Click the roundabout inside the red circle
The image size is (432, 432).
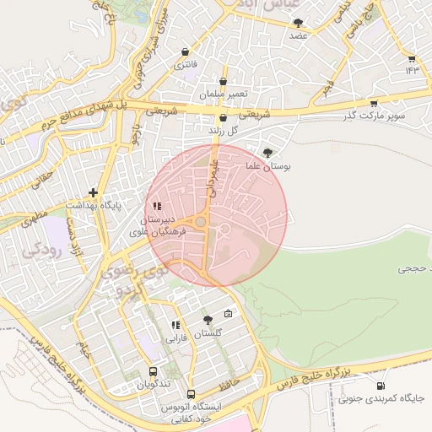[202, 222]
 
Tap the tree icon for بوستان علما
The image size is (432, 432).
[267, 153]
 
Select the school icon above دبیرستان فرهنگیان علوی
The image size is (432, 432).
[157, 206]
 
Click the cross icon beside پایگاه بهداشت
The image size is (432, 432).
[94, 193]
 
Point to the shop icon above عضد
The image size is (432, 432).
[298, 23]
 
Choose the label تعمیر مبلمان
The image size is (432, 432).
[223, 94]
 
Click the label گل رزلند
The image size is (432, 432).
[223, 132]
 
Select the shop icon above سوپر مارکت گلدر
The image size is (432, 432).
[374, 103]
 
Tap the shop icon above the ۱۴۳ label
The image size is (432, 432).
[411, 58]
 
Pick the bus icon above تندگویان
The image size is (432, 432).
[153, 371]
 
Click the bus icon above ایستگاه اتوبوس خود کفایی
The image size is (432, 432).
[191, 394]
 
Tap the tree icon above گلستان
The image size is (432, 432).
[208, 320]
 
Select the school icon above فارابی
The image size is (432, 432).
[175, 325]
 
